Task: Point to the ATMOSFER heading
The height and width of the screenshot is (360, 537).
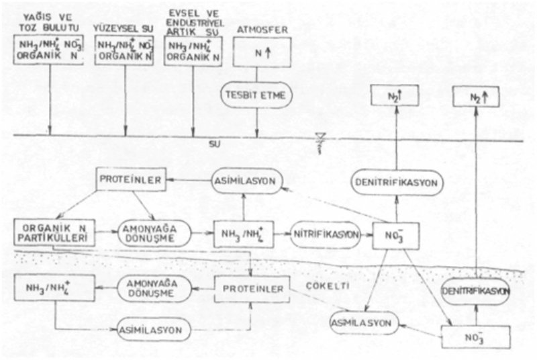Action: (x=259, y=29)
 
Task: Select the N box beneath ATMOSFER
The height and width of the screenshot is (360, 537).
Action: (x=258, y=52)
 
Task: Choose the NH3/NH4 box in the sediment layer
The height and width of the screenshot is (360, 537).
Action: (x=49, y=287)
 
